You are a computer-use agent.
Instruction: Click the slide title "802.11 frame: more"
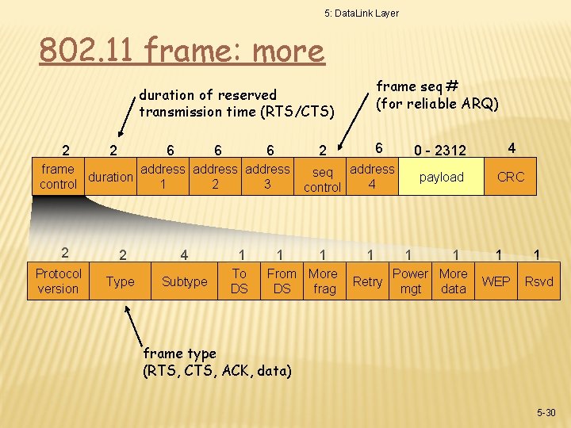(182, 52)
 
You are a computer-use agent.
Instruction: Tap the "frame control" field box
(58, 177)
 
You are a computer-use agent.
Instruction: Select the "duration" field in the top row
(110, 177)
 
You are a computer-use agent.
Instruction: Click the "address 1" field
(163, 177)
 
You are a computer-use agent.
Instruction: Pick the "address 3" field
(268, 177)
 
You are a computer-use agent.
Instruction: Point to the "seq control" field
(322, 180)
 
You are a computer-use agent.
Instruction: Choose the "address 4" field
(372, 177)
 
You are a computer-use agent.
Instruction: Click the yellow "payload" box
(442, 177)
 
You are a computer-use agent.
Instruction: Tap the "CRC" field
(511, 177)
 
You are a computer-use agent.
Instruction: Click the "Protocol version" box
(58, 281)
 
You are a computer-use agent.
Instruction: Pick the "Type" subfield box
(121, 281)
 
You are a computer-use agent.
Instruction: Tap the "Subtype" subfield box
(184, 281)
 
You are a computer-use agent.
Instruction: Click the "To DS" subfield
(240, 281)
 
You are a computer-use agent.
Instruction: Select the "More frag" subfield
(323, 281)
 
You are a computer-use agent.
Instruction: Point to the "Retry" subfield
(367, 281)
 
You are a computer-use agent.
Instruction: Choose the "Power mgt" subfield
(411, 281)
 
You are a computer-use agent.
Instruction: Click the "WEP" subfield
(496, 281)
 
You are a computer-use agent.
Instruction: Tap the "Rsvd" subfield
(539, 281)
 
